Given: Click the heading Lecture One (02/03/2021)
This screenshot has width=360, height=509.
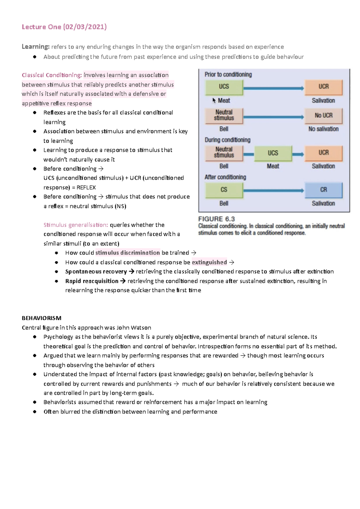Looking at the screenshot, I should pyautogui.click(x=64, y=27).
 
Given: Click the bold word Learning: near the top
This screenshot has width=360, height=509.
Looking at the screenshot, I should pyautogui.click(x=35, y=47).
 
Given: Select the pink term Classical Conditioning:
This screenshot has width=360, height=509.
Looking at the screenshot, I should pyautogui.click(x=52, y=75).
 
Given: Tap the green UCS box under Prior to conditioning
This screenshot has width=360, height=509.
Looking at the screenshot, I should pyautogui.click(x=224, y=87).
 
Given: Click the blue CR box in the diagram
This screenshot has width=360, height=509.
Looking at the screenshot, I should pyautogui.click(x=323, y=190).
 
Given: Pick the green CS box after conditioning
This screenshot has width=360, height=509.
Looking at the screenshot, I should pyautogui.click(x=224, y=190).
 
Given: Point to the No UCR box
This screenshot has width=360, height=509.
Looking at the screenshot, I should pyautogui.click(x=323, y=115).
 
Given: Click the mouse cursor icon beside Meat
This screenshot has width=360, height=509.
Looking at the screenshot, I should pyautogui.click(x=214, y=100).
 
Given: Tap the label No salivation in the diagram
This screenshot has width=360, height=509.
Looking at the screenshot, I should pyautogui.click(x=323, y=129).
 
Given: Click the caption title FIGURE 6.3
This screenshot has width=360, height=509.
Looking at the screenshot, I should pyautogui.click(x=216, y=219).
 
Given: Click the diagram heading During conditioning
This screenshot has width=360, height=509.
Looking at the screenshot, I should pyautogui.click(x=227, y=140).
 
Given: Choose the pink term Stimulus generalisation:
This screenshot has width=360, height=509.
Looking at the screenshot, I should pyautogui.click(x=76, y=225).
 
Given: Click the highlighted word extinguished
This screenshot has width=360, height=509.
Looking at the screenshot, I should pyautogui.click(x=209, y=262).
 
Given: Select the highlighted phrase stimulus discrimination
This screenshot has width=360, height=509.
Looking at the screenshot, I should pyautogui.click(x=127, y=253).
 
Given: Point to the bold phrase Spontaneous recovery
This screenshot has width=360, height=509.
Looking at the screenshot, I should pyautogui.click(x=96, y=272).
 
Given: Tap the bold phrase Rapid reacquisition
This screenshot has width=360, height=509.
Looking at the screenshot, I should pyautogui.click(x=92, y=281).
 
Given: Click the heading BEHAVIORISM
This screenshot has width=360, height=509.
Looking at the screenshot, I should pyautogui.click(x=41, y=318).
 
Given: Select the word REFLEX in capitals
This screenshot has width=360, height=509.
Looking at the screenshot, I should pyautogui.click(x=86, y=188).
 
